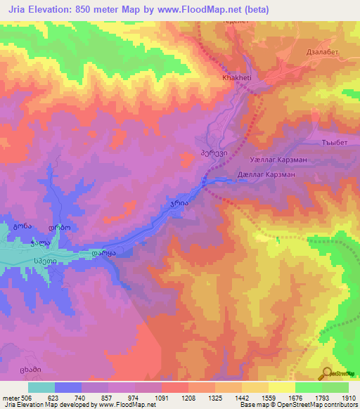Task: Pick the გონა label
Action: coord(22,228)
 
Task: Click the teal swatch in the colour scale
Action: coord(41,387)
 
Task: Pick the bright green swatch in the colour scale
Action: coord(309,387)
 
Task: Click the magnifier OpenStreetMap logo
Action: coord(328,373)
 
